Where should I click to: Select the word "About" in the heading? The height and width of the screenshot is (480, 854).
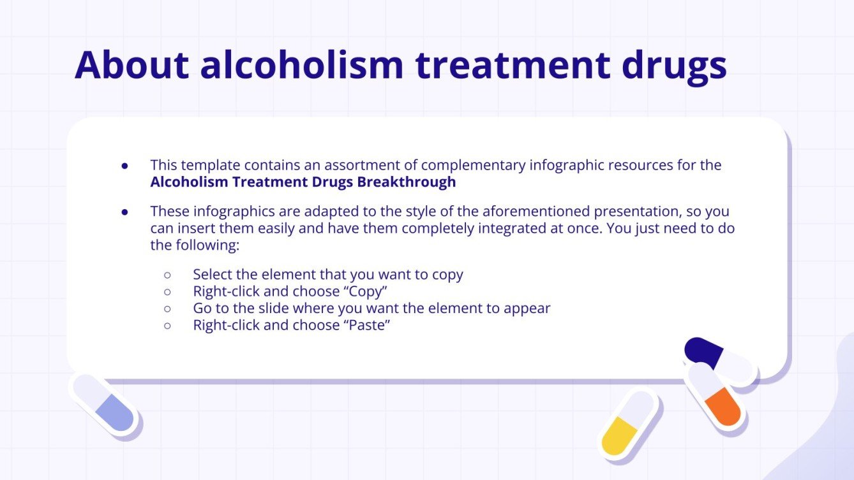click(x=131, y=64)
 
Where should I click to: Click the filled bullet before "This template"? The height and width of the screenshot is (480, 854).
click(x=125, y=166)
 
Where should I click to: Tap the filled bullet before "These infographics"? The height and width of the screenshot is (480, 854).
click(x=125, y=212)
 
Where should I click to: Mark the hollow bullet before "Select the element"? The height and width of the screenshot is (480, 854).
click(x=168, y=275)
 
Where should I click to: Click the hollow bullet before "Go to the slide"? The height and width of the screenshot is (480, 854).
click(x=168, y=309)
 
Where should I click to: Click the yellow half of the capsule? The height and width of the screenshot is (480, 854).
click(x=619, y=436)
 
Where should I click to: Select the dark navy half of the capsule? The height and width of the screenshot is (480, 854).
click(x=702, y=351)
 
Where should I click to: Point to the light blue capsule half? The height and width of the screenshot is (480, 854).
click(x=116, y=413)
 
